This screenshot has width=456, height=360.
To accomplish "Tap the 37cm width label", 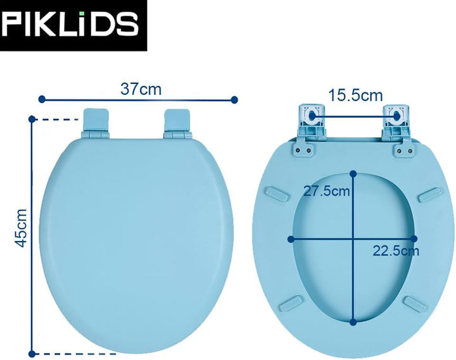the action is click(141, 89).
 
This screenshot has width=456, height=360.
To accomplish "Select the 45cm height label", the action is click(22, 228).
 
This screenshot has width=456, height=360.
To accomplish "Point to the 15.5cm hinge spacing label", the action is click(355, 96).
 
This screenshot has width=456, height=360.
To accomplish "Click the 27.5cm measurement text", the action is click(327, 191).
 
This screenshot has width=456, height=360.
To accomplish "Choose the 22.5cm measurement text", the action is click(396, 251).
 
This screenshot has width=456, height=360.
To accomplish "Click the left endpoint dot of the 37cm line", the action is click(42, 99).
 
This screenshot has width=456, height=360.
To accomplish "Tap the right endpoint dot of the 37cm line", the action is click(234, 100).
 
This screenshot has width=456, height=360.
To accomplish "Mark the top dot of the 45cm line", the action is click(32, 119).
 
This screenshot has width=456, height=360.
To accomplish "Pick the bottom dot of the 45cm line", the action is click(32, 354).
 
